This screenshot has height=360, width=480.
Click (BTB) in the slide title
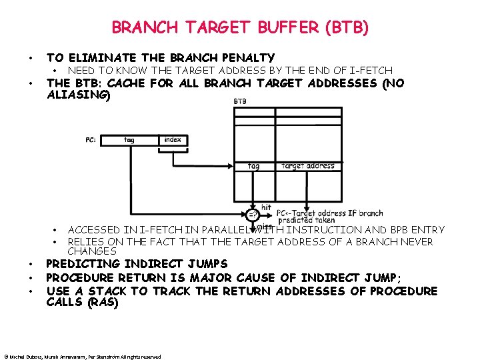[345, 28]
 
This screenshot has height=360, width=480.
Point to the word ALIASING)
[77, 95]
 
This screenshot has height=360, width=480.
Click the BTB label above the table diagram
[240, 101]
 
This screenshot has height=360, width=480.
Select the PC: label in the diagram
[91, 140]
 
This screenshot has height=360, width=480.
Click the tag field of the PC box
[129, 140]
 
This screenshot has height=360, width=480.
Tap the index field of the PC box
[172, 140]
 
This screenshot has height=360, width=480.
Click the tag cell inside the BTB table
[254, 166]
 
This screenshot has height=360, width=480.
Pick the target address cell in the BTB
[308, 166]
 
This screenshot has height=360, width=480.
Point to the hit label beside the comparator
[266, 207]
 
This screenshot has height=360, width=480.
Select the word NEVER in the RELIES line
[415, 241]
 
